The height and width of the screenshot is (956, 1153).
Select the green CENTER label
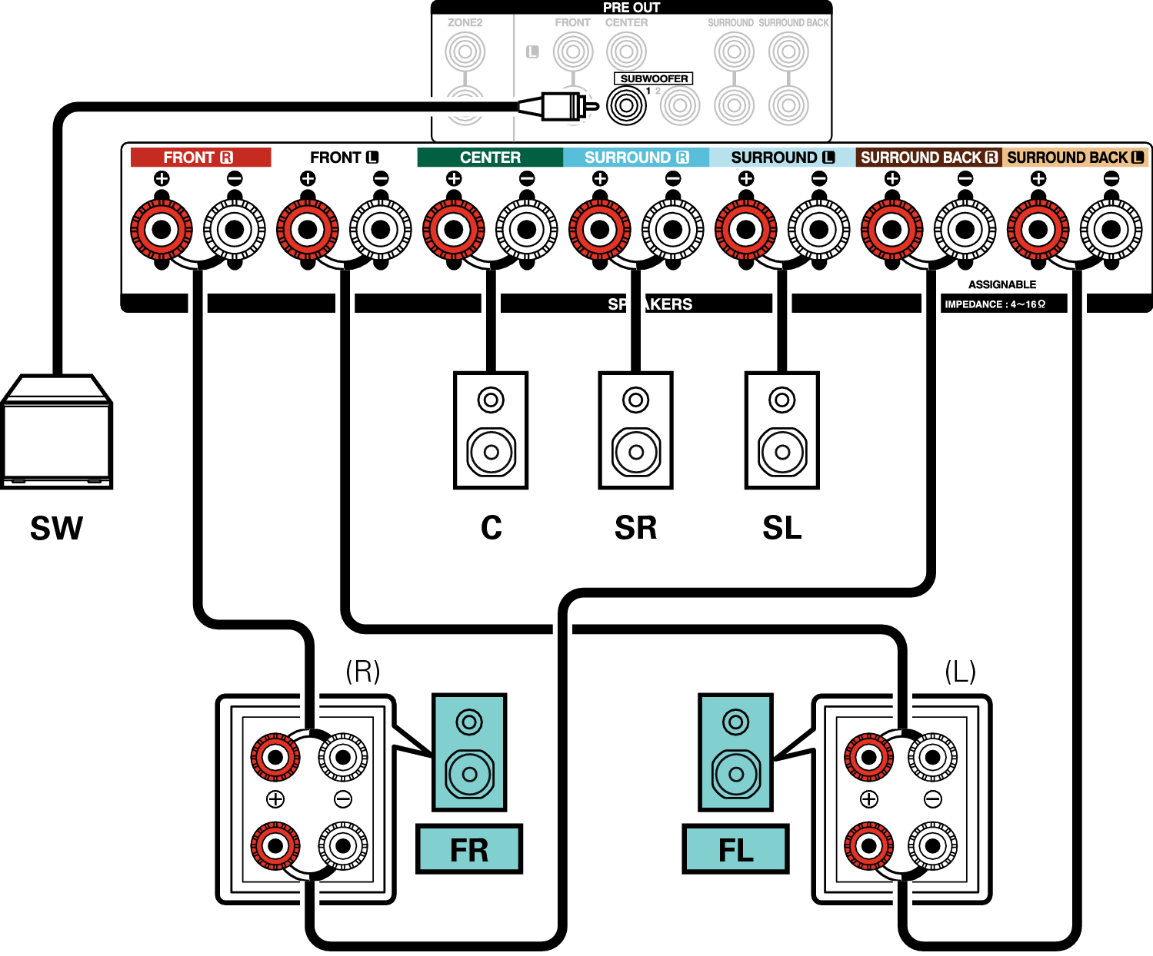[x=490, y=158]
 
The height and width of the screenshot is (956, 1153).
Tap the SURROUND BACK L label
[x=1075, y=158]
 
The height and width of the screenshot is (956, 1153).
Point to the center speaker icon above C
[x=491, y=430]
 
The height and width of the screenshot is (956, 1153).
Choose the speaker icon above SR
[x=635, y=430]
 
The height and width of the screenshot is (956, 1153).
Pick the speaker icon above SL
[x=781, y=430]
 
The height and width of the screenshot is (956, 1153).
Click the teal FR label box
[x=469, y=849]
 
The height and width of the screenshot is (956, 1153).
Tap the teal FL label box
[x=735, y=849]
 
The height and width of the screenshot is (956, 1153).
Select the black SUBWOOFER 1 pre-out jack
[x=626, y=105]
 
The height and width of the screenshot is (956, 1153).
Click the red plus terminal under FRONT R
[x=162, y=229]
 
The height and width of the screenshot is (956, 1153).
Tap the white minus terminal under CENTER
[x=527, y=229]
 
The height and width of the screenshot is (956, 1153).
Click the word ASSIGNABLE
[x=1001, y=284]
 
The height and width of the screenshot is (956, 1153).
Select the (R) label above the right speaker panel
[x=362, y=671]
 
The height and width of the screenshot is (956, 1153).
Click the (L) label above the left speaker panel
[x=960, y=671]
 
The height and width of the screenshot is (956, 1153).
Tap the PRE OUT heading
[x=631, y=8]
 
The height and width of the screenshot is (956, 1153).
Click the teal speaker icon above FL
[x=735, y=752]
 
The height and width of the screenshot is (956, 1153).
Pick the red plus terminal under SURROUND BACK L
[x=1038, y=229]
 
